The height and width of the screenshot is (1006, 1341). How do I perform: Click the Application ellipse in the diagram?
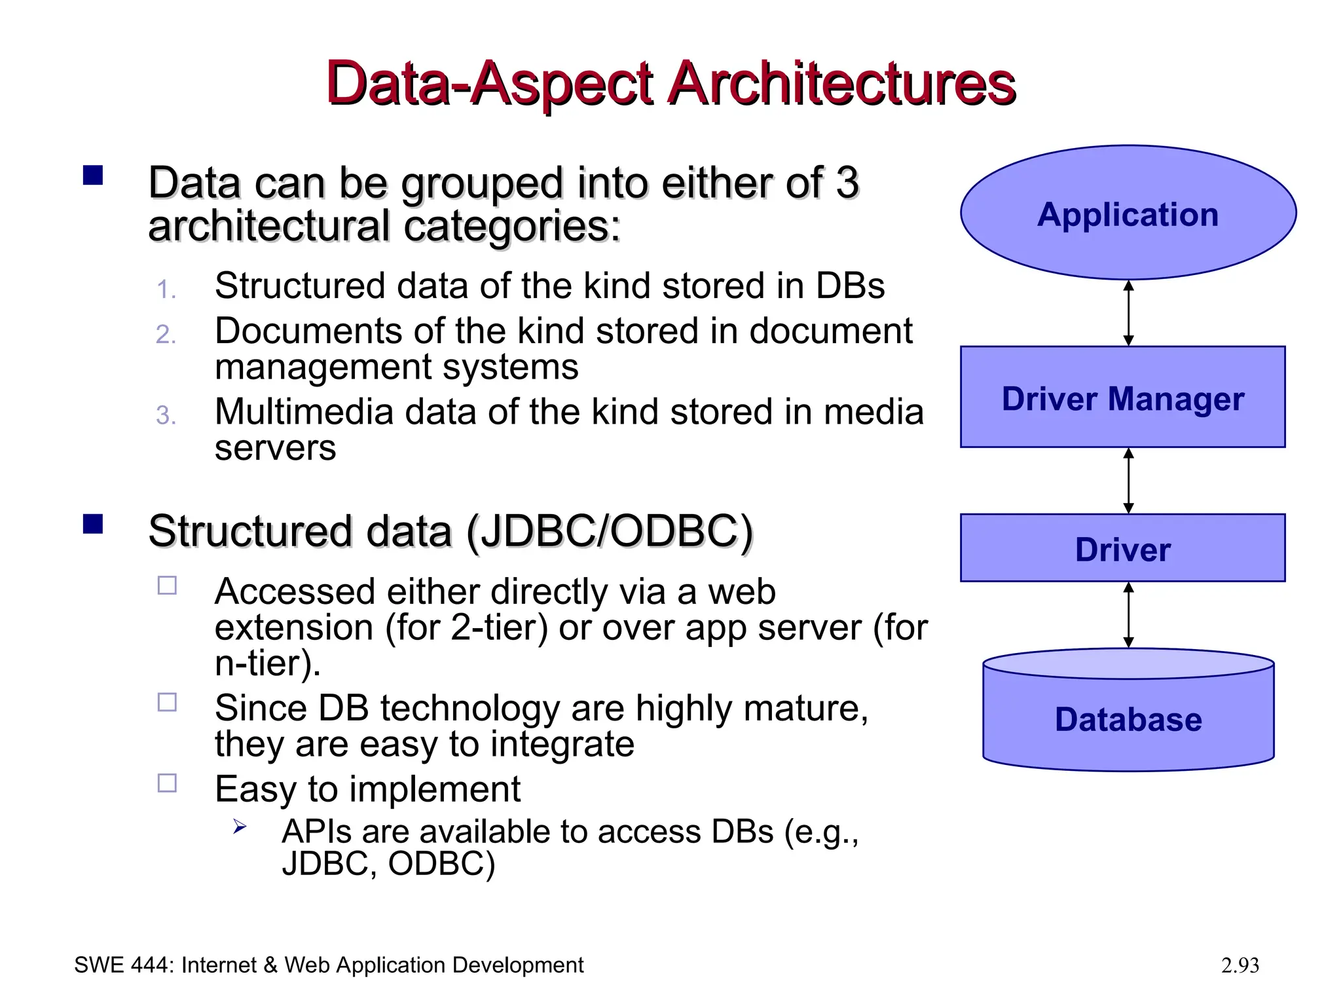1128,213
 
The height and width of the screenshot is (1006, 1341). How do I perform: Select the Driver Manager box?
1122,398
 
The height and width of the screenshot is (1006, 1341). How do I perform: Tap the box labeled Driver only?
1122,548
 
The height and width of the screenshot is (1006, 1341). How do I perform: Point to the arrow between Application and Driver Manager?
1128,313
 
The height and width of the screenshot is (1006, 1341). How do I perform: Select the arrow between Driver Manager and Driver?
1128,481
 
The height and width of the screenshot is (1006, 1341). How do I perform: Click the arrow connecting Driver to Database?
1128,615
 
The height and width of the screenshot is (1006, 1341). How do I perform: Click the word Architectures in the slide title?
841,83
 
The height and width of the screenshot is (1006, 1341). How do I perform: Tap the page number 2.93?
1240,965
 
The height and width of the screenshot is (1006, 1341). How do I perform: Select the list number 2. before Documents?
166,335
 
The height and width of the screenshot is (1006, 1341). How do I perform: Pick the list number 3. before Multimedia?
166,416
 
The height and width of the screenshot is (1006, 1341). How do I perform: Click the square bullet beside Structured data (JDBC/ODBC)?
93,525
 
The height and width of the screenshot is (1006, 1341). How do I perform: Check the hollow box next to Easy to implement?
168,783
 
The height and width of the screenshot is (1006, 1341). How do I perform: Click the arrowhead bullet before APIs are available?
240,827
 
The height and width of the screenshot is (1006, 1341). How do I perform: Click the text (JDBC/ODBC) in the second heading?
610,531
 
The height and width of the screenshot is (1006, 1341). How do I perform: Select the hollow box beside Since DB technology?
168,702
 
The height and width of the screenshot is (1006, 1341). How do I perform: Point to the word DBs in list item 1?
849,286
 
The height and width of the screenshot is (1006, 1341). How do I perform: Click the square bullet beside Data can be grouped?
93,176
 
